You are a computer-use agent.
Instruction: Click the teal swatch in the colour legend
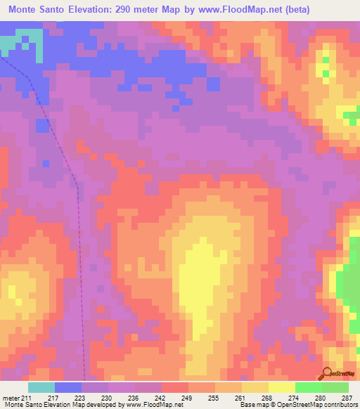41,387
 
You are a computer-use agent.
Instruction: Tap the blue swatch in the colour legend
68,387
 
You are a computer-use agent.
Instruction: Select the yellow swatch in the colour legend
282,387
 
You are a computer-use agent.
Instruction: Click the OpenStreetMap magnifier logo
326,373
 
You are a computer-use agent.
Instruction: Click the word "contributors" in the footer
338,404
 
